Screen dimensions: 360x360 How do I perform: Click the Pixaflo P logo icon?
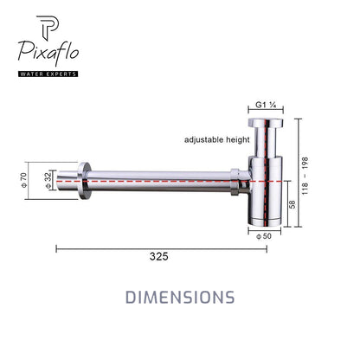coord(48,29)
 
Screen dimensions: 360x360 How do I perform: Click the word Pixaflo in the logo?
coord(48,54)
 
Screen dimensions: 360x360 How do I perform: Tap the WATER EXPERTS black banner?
coord(48,74)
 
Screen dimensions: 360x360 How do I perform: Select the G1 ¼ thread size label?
coord(266,105)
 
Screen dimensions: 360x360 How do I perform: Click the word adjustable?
coord(204,140)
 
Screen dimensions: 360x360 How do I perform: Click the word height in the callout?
coord(238,140)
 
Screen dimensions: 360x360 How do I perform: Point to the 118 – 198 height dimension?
coord(305,176)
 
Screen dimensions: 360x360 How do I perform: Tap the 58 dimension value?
coord(292,204)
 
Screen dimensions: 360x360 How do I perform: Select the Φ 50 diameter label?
coord(264,236)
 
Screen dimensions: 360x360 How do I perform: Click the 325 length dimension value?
coord(158,256)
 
